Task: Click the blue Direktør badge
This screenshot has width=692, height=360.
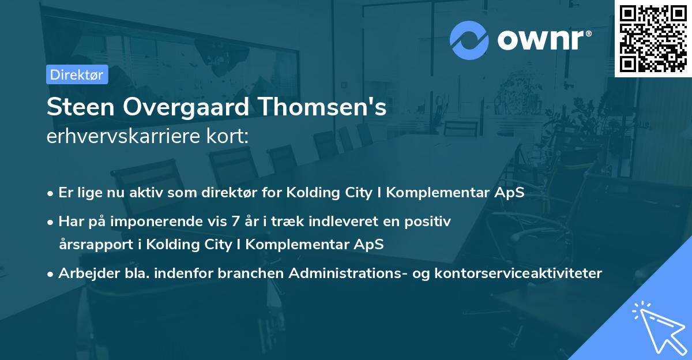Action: [77, 74]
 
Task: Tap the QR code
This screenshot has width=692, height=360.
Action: [653, 38]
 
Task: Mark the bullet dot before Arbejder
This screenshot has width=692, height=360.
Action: [51, 274]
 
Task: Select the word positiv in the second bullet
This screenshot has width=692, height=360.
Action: [428, 220]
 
